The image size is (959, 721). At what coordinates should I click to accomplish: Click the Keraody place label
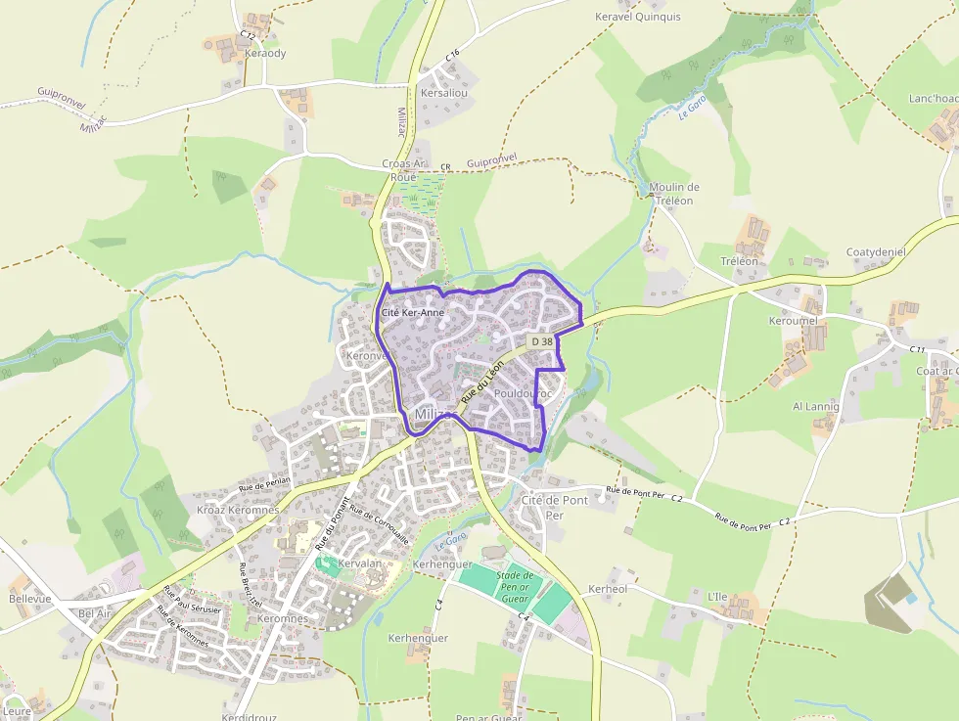tap(265, 53)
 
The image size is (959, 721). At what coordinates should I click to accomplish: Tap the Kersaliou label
tap(443, 93)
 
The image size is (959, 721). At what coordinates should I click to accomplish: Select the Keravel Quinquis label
tap(637, 17)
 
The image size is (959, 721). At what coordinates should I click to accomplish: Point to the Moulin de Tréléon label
tap(673, 194)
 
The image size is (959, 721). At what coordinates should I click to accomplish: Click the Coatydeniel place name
tap(876, 252)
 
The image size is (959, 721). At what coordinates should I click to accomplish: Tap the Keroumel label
tap(793, 321)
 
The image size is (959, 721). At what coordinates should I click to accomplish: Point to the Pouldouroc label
tap(524, 393)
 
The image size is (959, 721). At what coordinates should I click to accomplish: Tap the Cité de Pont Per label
tap(555, 507)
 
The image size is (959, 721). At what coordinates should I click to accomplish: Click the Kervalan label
tap(360, 564)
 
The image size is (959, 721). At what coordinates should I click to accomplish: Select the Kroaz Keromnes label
tap(238, 510)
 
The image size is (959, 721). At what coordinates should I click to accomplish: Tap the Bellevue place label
tap(29, 598)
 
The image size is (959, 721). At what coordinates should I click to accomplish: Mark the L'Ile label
tap(717, 596)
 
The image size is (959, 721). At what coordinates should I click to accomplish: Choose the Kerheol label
tap(608, 590)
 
